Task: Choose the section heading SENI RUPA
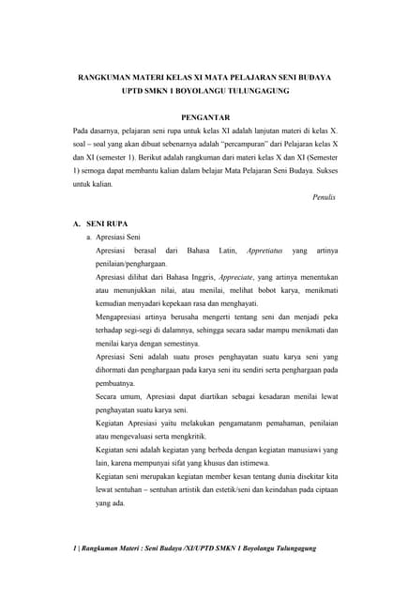[108, 226]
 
